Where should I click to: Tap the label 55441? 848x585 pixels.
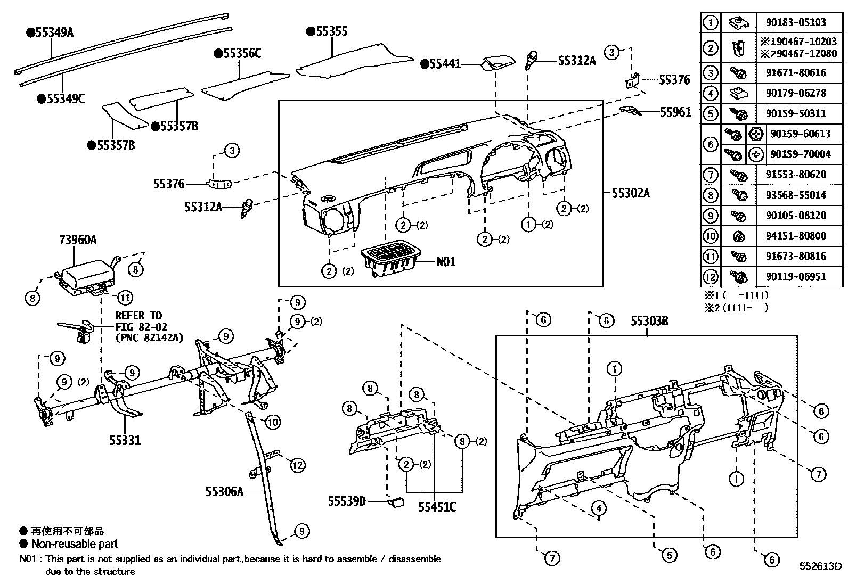click(443, 64)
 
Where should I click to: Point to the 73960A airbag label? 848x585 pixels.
click(78, 240)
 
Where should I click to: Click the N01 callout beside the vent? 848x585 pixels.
click(446, 262)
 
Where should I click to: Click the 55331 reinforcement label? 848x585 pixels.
click(125, 440)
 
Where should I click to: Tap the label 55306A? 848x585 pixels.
click(224, 491)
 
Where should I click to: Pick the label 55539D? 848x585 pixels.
click(347, 501)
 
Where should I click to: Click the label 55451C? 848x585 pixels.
click(437, 507)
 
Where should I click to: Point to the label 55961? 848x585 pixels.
click(675, 112)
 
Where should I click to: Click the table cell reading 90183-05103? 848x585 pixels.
click(796, 22)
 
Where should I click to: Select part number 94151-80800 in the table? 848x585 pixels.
click(796, 236)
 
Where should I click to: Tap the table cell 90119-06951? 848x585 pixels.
click(796, 277)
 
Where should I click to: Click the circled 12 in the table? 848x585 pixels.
click(711, 277)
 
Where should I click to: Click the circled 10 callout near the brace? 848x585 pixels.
click(272, 423)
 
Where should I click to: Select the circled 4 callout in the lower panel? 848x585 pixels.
click(599, 508)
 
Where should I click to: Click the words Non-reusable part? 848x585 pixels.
click(74, 544)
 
